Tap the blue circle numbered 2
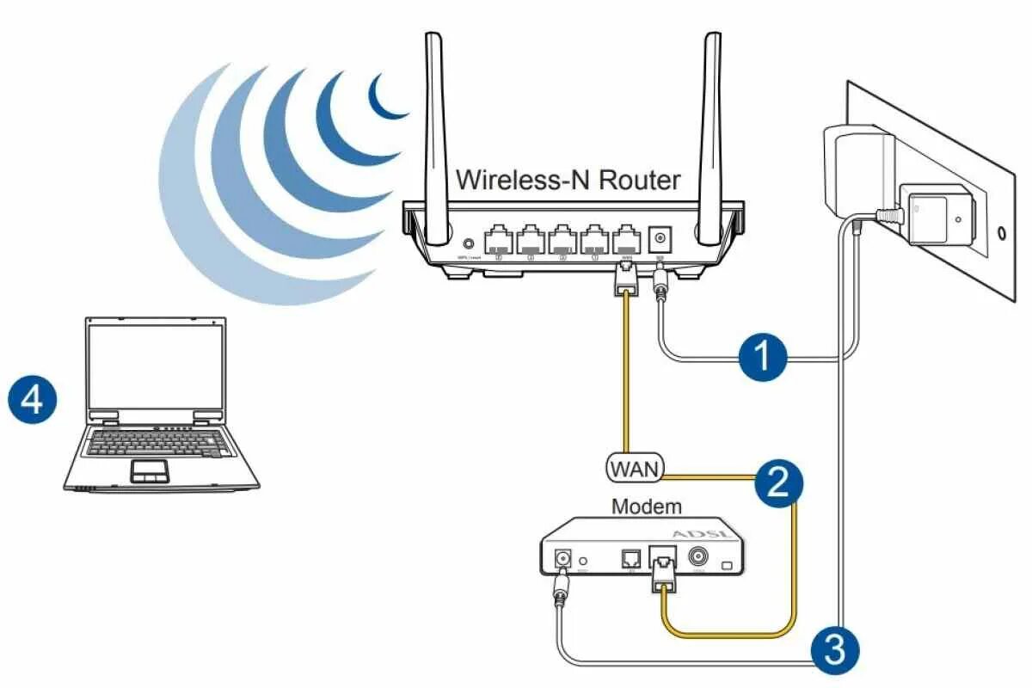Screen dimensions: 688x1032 coord(778,482)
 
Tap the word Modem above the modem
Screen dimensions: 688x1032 coord(646,507)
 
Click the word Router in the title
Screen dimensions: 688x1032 coord(639,180)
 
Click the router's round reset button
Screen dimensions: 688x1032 coord(470,244)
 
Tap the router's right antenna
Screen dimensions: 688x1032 coord(710,129)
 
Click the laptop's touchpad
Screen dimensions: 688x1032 coord(149,470)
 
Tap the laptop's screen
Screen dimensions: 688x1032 coord(157,365)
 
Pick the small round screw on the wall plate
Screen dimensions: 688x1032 coord(1002,231)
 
